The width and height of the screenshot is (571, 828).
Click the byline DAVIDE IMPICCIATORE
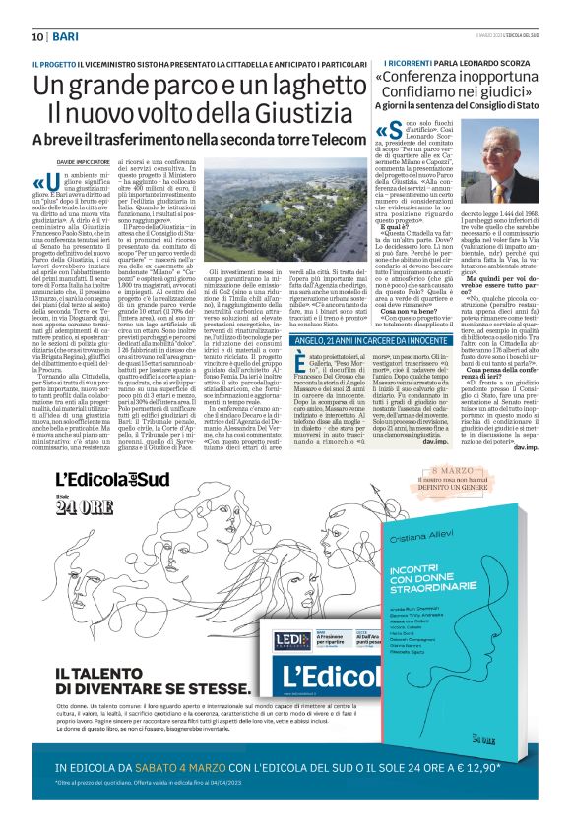(60, 160)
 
